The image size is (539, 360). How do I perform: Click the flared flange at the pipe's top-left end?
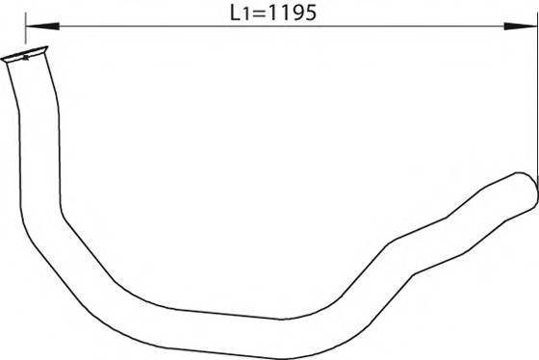tap(25, 55)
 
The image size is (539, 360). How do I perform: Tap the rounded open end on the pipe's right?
tap(528, 192)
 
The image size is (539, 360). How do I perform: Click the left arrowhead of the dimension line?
tap(42, 26)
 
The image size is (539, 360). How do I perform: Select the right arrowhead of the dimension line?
tap(520, 26)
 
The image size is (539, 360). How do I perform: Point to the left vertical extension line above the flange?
tap(25, 28)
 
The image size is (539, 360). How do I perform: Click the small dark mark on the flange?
tap(25, 58)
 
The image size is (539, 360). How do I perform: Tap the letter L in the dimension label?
tap(235, 13)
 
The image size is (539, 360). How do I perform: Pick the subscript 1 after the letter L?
tap(244, 15)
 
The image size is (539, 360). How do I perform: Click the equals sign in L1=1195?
tap(257, 14)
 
